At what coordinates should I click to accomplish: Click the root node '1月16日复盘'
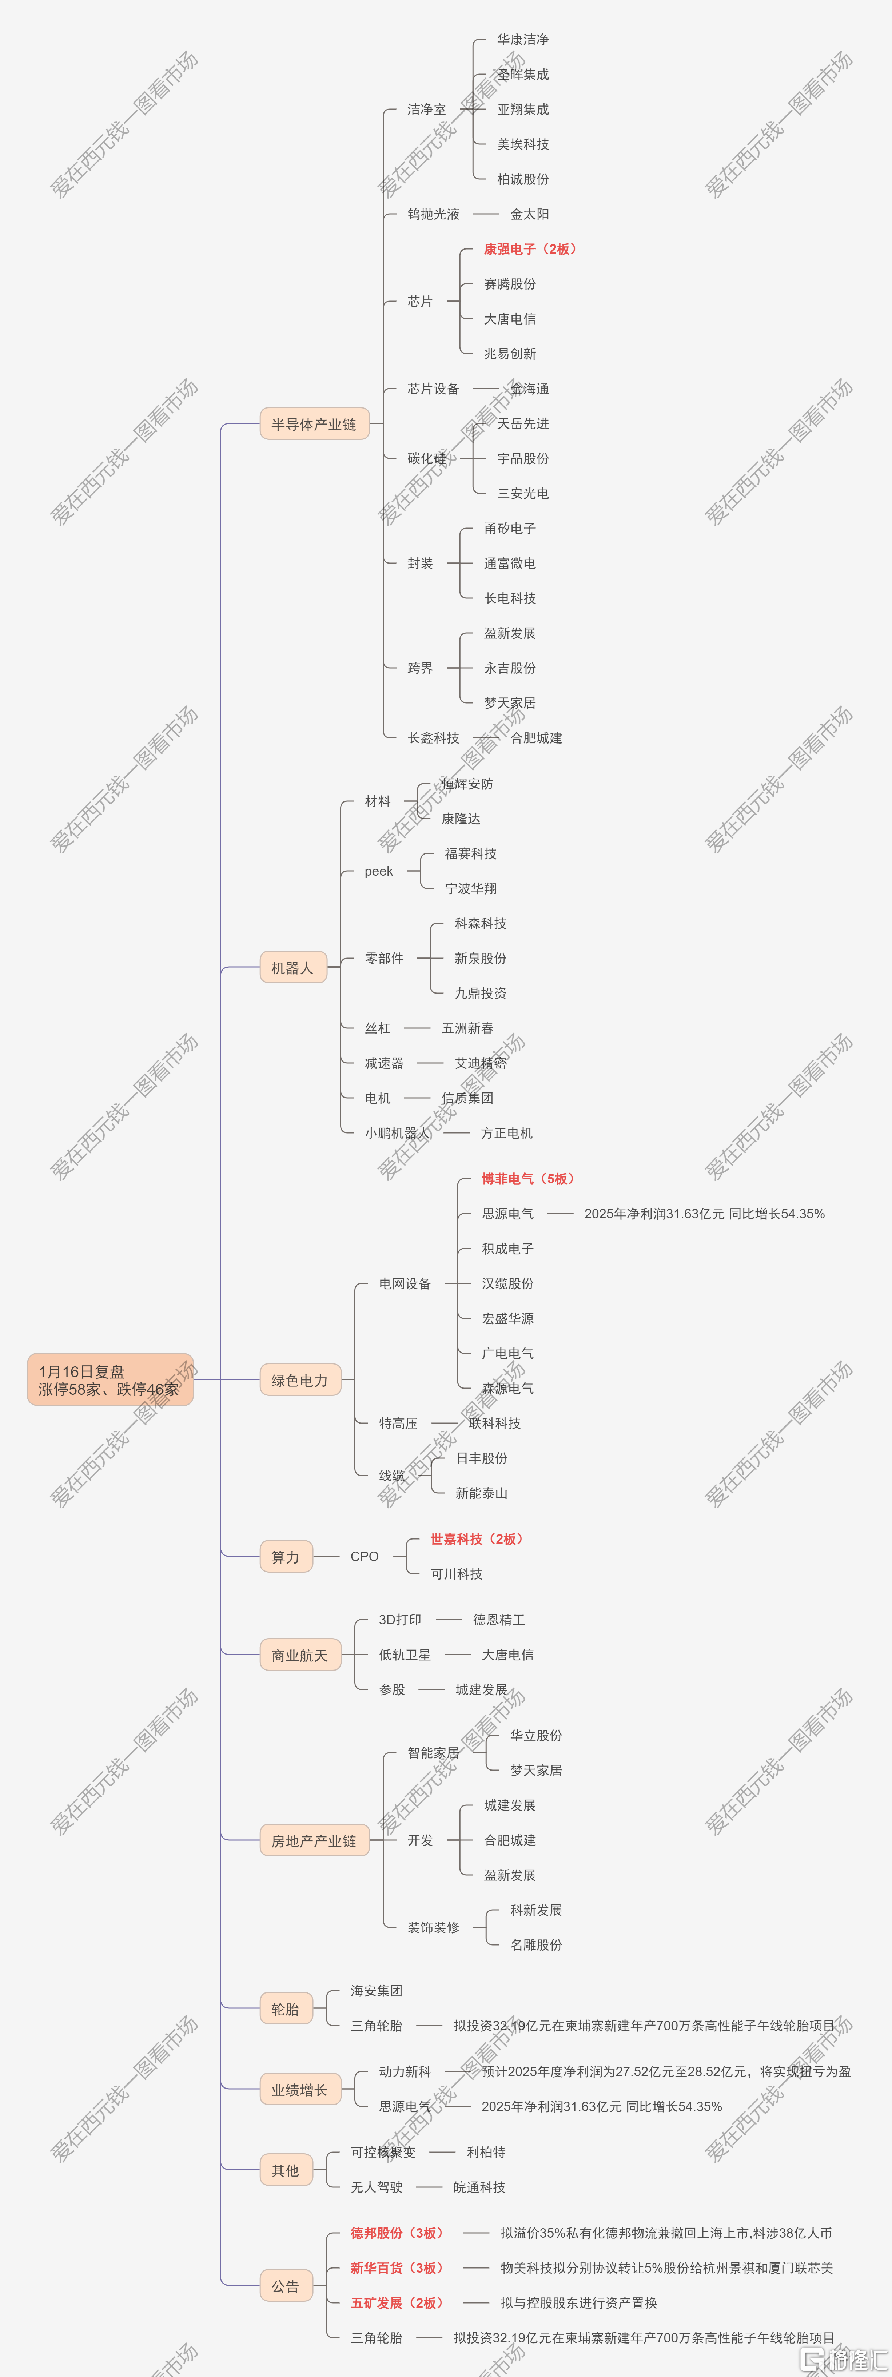point(110,1379)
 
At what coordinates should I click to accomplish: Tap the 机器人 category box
point(292,967)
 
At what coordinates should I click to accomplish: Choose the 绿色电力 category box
point(300,1379)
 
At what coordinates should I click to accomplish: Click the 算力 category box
point(286,1557)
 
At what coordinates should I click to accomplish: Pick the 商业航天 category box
point(300,1655)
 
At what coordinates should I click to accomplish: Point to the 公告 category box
point(286,2286)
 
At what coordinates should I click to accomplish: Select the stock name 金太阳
point(529,214)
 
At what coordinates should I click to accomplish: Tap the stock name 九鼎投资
point(481,993)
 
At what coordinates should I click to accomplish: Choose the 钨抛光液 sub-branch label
point(434,214)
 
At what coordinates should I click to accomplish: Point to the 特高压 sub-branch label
point(398,1423)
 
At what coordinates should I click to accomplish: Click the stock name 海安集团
point(377,1990)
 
